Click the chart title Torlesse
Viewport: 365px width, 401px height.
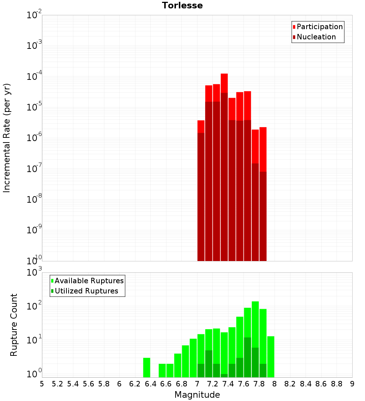tap(182, 5)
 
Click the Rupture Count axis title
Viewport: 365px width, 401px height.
tap(14, 324)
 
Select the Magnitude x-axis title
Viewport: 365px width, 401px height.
tap(197, 395)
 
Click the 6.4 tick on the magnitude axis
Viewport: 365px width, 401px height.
tap(150, 384)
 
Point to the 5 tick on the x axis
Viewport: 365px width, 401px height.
tap(42, 384)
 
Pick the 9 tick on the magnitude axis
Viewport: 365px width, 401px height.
tap(352, 384)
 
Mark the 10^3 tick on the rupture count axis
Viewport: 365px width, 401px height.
tap(35, 272)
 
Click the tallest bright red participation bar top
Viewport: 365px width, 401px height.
tap(224, 75)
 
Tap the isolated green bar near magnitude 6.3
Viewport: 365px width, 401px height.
tap(146, 367)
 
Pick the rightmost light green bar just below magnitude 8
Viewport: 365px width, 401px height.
tap(270, 355)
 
